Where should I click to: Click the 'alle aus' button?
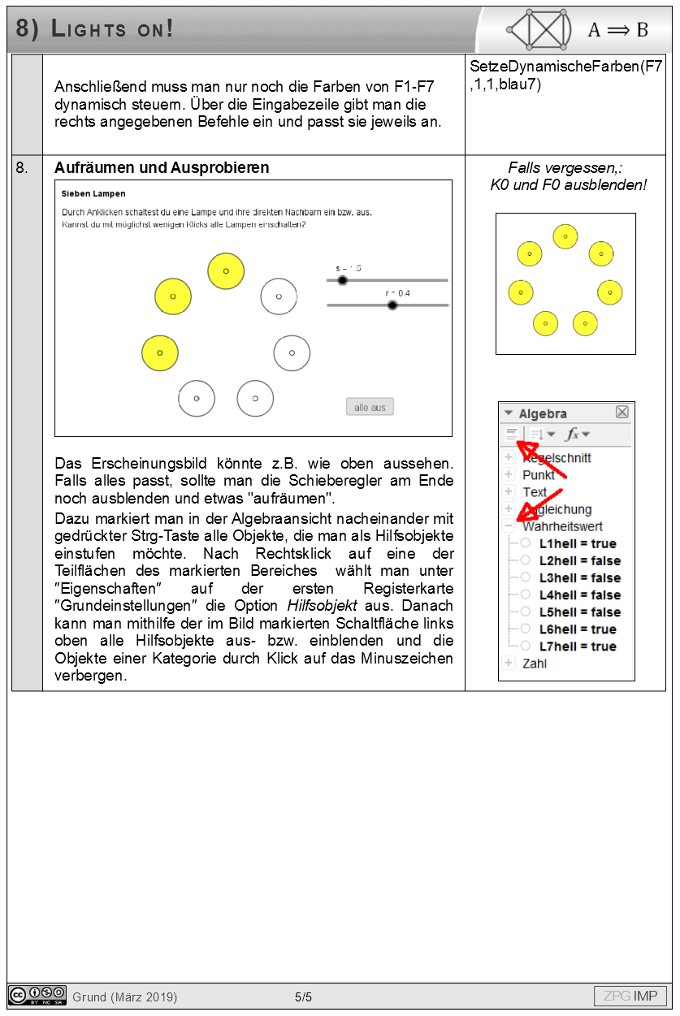[x=370, y=407]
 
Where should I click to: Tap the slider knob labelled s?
[x=342, y=280]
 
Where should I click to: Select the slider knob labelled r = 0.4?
[x=392, y=305]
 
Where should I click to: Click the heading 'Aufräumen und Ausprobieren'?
[x=162, y=168]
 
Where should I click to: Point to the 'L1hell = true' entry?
[x=578, y=543]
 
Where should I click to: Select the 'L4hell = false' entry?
[x=579, y=595]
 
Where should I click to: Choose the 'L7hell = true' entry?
[x=578, y=646]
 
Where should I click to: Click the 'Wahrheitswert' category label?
[x=562, y=526]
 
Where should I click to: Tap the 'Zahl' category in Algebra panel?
[x=535, y=664]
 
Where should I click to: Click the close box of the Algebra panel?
[x=622, y=412]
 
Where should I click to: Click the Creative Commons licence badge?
[x=37, y=996]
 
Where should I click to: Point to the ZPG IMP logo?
[x=630, y=996]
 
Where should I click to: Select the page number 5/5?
[x=303, y=997]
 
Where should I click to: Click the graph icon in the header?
[x=539, y=30]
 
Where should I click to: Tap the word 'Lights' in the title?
[x=89, y=29]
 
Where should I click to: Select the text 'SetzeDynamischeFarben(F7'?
[x=566, y=67]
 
